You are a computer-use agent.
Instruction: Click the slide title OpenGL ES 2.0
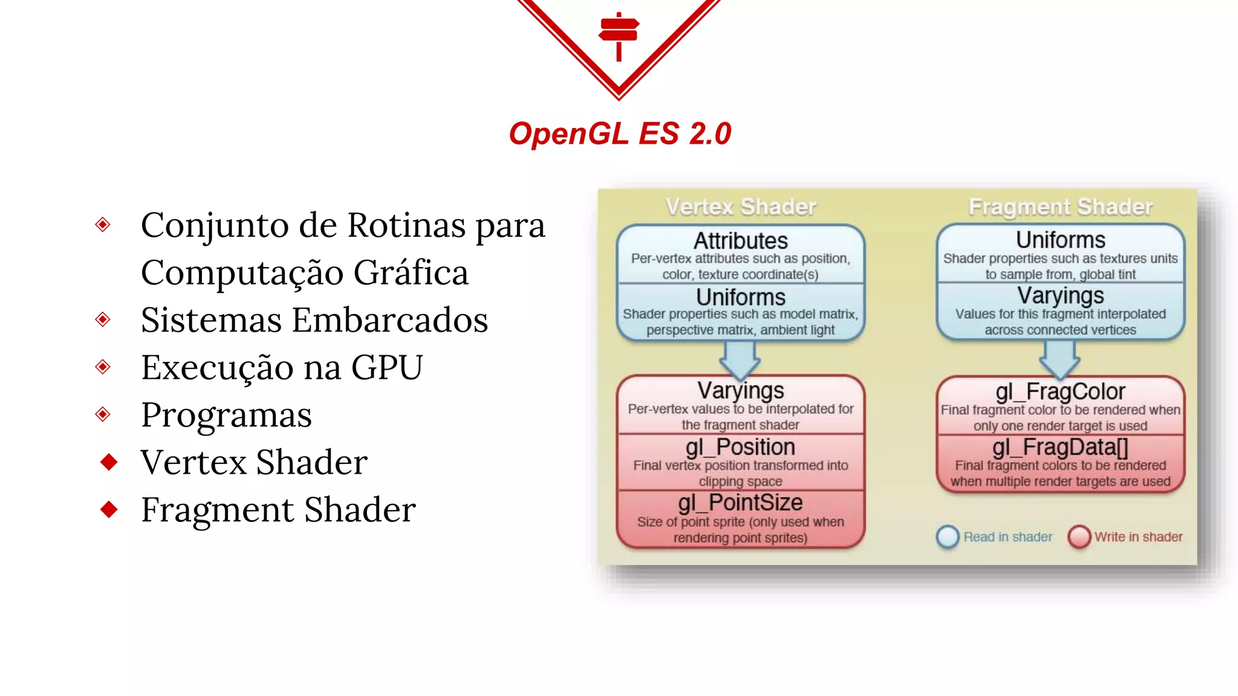[620, 134]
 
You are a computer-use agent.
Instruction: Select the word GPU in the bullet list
[387, 367]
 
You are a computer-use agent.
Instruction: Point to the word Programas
[226, 415]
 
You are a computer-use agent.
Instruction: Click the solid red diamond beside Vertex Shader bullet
[109, 462]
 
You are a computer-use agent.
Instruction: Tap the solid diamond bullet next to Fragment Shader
[109, 509]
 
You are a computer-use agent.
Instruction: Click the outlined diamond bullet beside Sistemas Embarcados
[103, 319]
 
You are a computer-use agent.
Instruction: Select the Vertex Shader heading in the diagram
[741, 207]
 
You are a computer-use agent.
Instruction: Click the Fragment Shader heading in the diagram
[1060, 207]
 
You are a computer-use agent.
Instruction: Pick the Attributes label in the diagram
[741, 241]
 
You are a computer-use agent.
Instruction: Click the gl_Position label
[741, 448]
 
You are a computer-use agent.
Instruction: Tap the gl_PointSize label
[741, 503]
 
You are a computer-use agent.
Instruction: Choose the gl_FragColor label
[1060, 392]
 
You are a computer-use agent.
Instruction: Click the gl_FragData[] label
[1060, 448]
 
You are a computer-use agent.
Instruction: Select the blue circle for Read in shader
[947, 536]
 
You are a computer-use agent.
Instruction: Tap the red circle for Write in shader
[1079, 536]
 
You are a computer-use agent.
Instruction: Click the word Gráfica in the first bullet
[411, 272]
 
